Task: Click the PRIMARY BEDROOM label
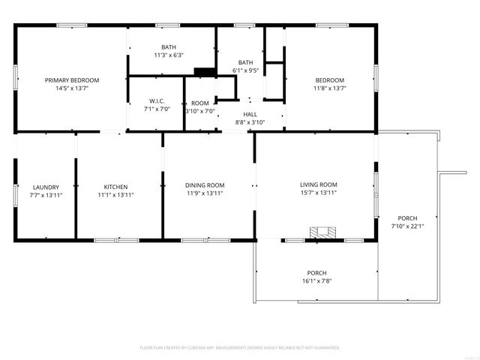pyautogui.click(x=72, y=80)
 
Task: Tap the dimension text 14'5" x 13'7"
pyautogui.click(x=72, y=88)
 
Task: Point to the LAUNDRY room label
pyautogui.click(x=46, y=187)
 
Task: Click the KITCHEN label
pyautogui.click(x=115, y=187)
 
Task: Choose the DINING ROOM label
pyautogui.click(x=205, y=185)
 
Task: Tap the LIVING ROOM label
pyautogui.click(x=319, y=184)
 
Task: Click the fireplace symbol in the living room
pyautogui.click(x=322, y=231)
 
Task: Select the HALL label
pyautogui.click(x=250, y=114)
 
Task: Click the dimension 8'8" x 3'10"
pyautogui.click(x=250, y=121)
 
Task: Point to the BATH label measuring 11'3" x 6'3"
pyautogui.click(x=168, y=47)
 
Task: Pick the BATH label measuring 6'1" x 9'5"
pyautogui.click(x=245, y=62)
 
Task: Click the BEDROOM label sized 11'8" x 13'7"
pyautogui.click(x=329, y=80)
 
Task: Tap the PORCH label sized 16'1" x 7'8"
pyautogui.click(x=316, y=273)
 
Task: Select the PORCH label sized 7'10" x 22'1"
pyautogui.click(x=408, y=217)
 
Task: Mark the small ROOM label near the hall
pyautogui.click(x=200, y=103)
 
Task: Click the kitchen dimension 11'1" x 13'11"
pyautogui.click(x=115, y=194)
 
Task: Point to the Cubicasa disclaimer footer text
pyautogui.click(x=240, y=348)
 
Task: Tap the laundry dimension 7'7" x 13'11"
pyautogui.click(x=46, y=194)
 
